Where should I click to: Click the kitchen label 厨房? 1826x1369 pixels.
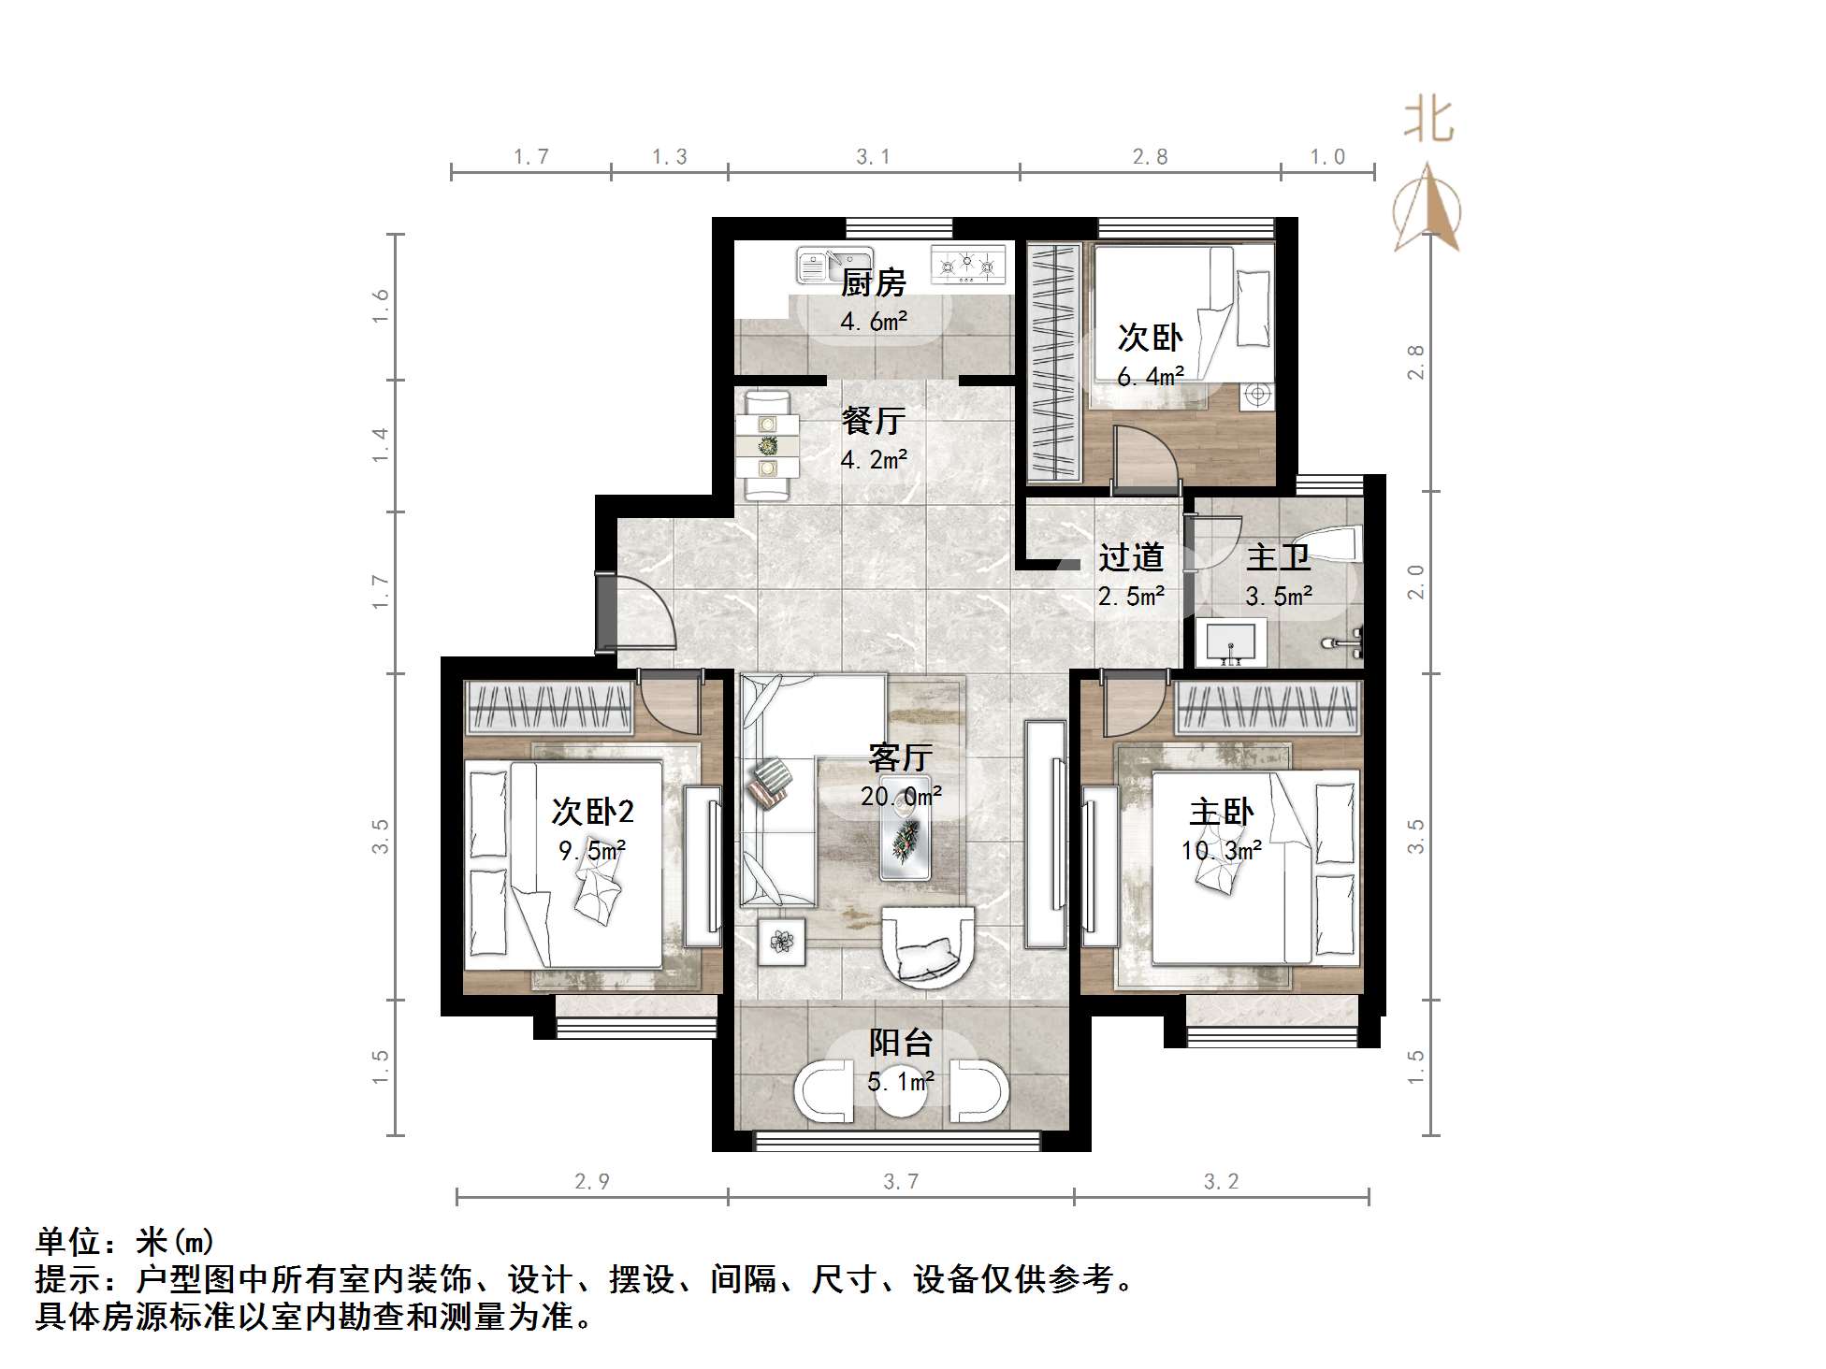pos(873,281)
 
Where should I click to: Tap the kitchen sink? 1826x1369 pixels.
pos(833,266)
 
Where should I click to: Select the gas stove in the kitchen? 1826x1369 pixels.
pos(967,265)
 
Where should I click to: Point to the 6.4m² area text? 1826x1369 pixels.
pos(1151,377)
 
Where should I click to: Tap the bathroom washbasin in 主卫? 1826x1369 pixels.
pos(1231,643)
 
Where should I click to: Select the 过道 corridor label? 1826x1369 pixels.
pos(1131,557)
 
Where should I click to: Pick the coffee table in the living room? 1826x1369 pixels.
pos(906,829)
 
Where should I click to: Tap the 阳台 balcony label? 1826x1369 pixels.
pos(901,1042)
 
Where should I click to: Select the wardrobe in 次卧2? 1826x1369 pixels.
pos(550,707)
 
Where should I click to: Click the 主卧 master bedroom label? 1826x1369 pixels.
pos(1221,812)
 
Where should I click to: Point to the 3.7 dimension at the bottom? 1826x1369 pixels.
pos(901,1182)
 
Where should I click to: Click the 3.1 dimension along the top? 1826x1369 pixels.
pos(874,157)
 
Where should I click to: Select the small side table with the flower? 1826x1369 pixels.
pos(781,941)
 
